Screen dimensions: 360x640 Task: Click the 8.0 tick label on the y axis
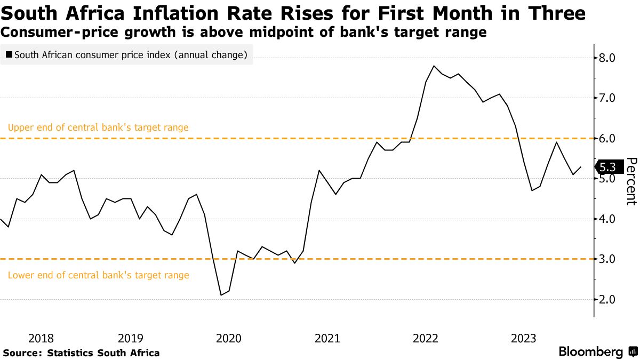[x=609, y=58]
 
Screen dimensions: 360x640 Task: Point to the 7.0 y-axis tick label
[x=609, y=98]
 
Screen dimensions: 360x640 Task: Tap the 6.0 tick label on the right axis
[x=609, y=138]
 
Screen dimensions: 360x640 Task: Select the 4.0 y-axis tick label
[x=609, y=219]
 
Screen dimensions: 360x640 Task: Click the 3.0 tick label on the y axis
[x=609, y=259]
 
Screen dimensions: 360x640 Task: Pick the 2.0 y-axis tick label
[x=609, y=299]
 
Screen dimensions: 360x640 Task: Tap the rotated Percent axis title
[x=631, y=181]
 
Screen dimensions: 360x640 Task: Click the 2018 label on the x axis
[x=41, y=338]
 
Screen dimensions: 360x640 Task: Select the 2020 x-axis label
[x=229, y=338]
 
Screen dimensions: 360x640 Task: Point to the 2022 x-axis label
[x=426, y=338]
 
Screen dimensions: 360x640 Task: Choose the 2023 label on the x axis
[x=524, y=338]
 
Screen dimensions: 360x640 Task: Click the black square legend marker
[x=9, y=54]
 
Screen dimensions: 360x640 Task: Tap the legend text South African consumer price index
[x=131, y=54]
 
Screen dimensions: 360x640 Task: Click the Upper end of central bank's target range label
[x=98, y=128]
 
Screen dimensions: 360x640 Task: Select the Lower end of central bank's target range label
[x=98, y=275]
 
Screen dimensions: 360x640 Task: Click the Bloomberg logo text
[x=590, y=352]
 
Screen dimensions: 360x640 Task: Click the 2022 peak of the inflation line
[x=434, y=66]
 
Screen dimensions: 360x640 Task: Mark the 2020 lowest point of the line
[x=221, y=295]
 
